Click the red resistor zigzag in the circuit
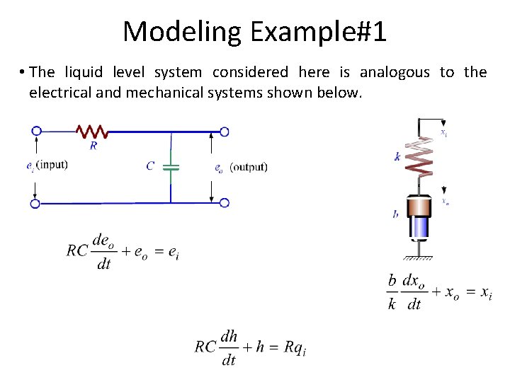(91, 132)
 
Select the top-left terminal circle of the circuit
(36, 131)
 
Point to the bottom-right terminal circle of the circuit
(224, 202)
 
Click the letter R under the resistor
(93, 146)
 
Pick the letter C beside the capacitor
(150, 166)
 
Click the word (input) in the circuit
(51, 166)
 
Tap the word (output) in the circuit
(249, 167)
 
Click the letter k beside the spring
(398, 157)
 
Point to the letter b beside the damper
(395, 214)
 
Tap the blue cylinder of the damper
(419, 228)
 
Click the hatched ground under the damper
(419, 257)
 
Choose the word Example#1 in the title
(318, 32)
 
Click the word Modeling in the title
(182, 32)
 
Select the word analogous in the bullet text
(395, 72)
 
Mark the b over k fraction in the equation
(392, 292)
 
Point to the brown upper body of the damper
(419, 206)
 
